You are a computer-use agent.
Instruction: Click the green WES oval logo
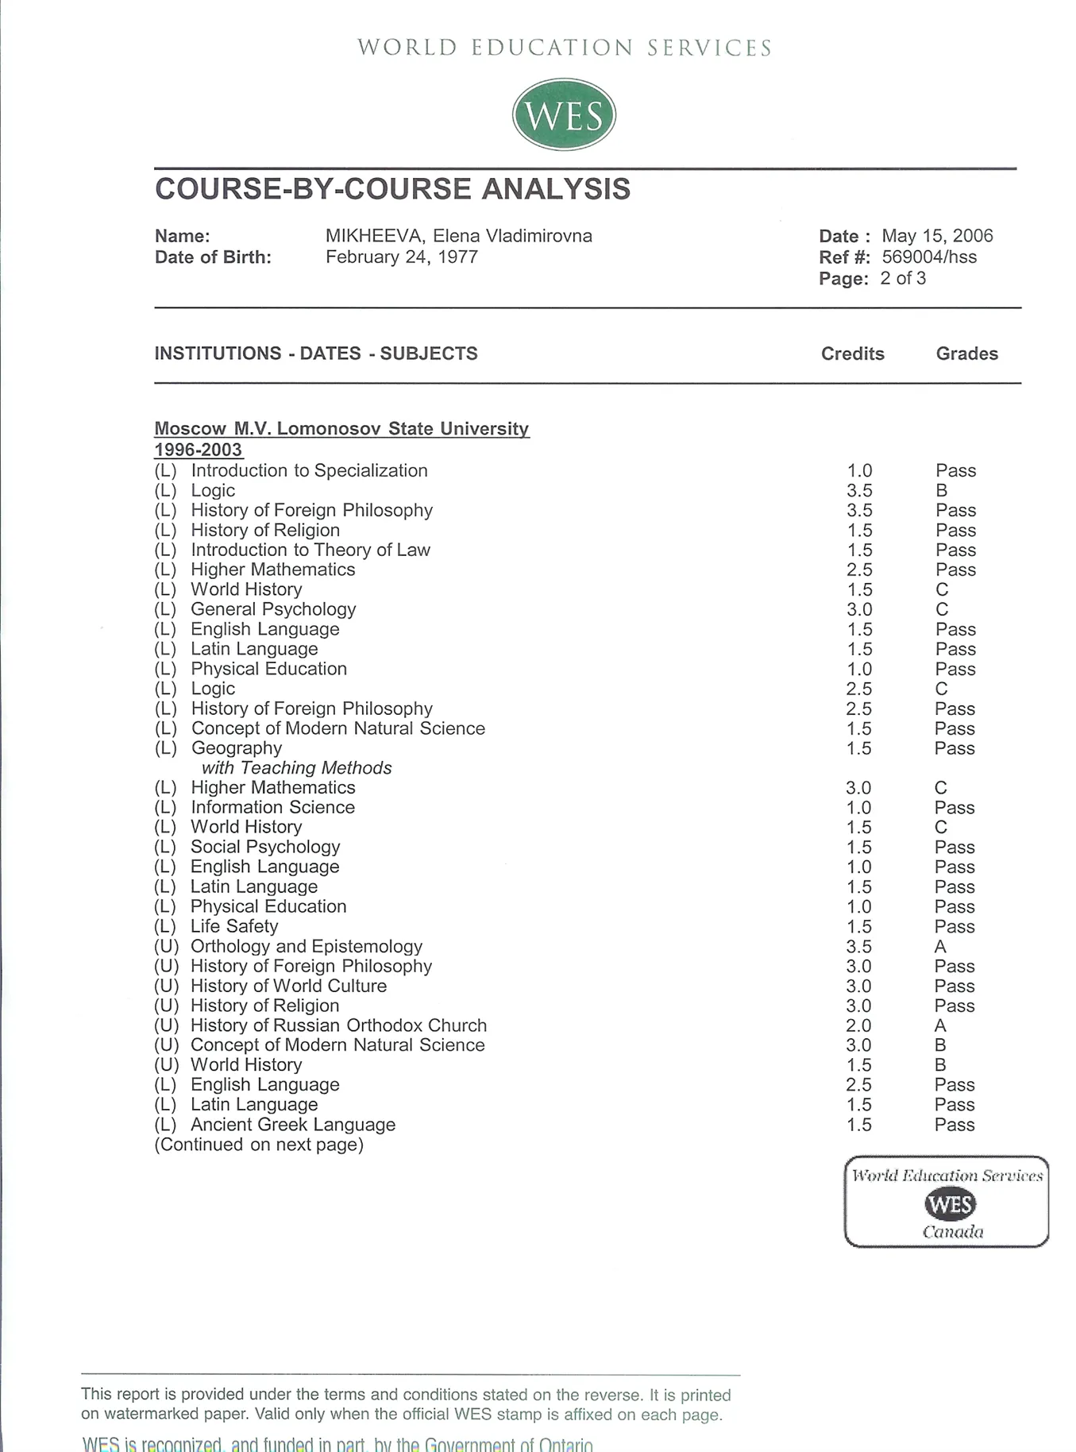(564, 114)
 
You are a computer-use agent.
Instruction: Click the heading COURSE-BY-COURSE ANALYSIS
(392, 189)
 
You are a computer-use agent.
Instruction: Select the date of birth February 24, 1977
(402, 257)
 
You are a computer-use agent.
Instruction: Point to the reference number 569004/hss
(929, 257)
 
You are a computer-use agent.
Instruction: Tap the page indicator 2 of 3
(903, 279)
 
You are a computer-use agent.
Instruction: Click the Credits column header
(852, 353)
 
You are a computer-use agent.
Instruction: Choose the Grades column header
(966, 353)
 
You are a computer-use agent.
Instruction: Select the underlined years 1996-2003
(198, 450)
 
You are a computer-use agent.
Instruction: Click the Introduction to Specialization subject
(309, 470)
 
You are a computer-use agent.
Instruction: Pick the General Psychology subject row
(273, 609)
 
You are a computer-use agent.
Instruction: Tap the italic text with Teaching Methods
(296, 768)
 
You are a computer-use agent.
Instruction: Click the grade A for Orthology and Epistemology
(940, 947)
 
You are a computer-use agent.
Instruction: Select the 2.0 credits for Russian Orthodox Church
(858, 1026)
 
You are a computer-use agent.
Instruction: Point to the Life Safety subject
(234, 926)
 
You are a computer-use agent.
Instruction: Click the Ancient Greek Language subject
(292, 1125)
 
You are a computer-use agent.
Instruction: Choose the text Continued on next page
(259, 1145)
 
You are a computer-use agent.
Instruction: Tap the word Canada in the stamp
(952, 1232)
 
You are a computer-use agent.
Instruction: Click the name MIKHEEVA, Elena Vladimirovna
(458, 236)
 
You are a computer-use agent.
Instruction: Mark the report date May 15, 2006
(937, 236)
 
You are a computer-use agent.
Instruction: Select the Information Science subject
(272, 808)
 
